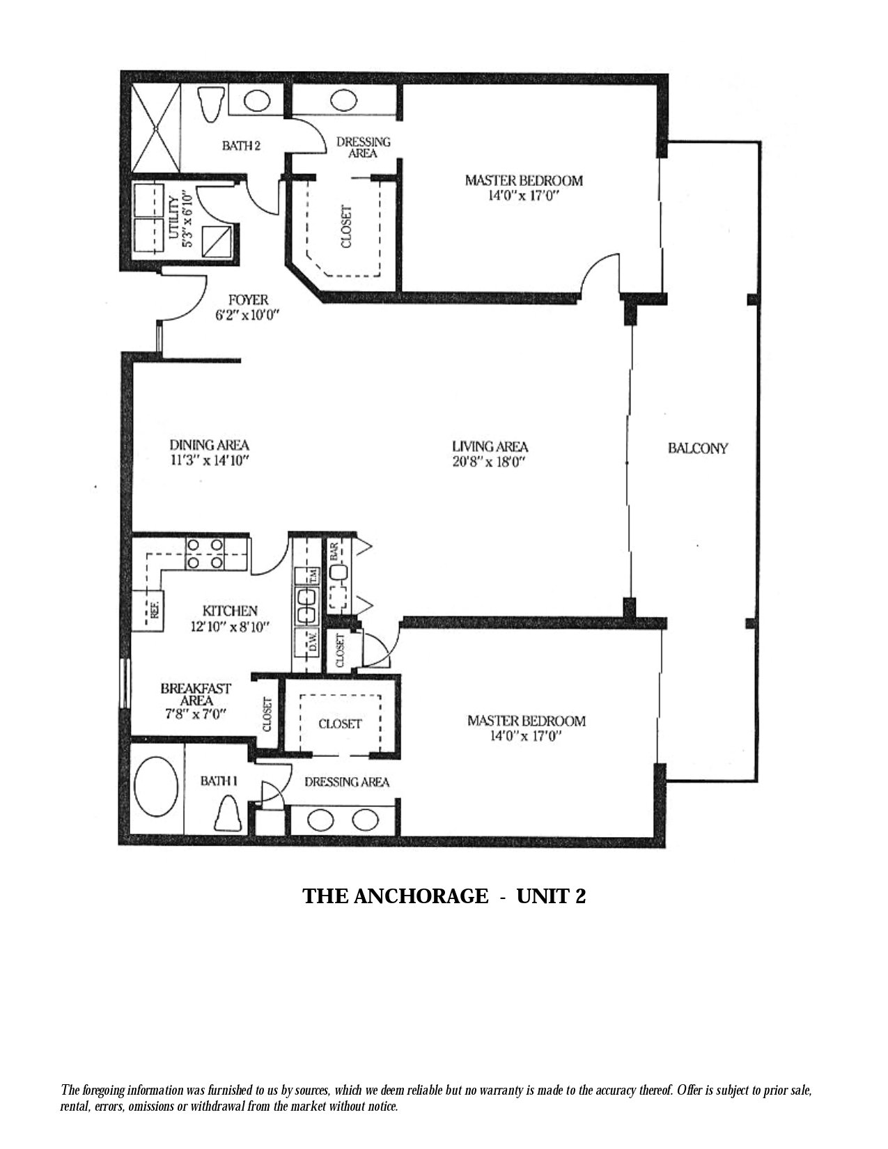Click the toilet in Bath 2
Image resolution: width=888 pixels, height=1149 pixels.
(x=210, y=104)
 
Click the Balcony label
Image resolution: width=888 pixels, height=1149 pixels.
(x=698, y=448)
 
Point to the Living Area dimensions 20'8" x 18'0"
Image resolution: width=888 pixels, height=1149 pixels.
(x=488, y=462)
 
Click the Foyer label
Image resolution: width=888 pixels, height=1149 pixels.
(x=249, y=300)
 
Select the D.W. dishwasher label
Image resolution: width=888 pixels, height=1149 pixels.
(x=313, y=643)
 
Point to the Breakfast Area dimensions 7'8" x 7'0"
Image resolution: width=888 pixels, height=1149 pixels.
(x=196, y=714)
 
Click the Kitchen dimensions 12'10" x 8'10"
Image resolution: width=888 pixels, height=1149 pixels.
(x=231, y=627)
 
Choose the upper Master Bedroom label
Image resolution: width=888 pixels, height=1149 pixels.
(x=524, y=181)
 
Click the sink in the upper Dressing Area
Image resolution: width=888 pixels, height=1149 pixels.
(x=343, y=100)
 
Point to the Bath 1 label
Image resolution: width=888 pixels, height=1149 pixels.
(x=219, y=781)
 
